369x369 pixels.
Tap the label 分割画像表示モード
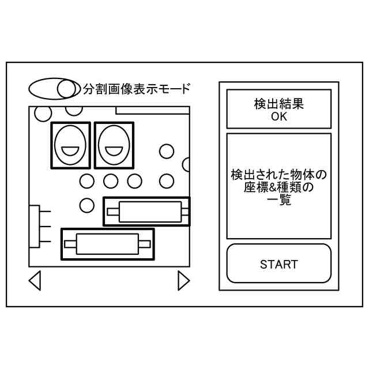(x=136, y=89)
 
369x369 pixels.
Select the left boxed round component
(x=71, y=145)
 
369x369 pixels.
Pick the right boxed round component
(x=114, y=145)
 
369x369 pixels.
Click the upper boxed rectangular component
(x=146, y=211)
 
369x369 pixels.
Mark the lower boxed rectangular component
(x=107, y=244)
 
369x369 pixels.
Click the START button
(x=278, y=265)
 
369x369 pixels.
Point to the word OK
(x=278, y=116)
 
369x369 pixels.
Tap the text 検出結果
(x=278, y=104)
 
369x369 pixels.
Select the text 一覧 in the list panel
(x=278, y=201)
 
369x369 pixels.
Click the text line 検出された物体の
(x=278, y=174)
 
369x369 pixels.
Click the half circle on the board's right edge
(x=187, y=165)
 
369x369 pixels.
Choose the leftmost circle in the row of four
(x=86, y=181)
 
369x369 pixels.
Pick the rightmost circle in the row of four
(x=166, y=181)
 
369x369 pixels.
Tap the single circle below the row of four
(x=86, y=204)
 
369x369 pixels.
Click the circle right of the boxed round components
(x=166, y=151)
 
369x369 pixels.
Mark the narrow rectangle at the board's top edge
(x=153, y=110)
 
